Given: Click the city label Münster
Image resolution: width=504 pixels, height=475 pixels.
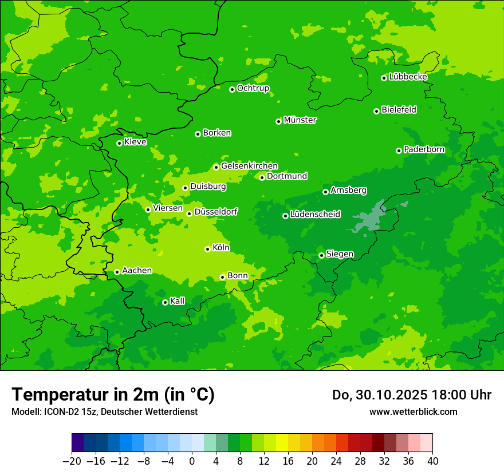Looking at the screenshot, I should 300,120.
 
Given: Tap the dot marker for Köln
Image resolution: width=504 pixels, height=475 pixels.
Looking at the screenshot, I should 207,249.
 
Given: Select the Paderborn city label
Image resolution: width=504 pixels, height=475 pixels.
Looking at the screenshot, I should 424,149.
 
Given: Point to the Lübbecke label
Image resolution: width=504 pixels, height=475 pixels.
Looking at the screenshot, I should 408,77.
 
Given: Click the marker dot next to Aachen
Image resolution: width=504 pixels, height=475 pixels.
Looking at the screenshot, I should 117,272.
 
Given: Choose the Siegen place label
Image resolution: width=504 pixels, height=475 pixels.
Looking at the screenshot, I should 340,254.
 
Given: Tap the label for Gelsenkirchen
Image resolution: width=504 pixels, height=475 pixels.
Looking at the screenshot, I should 249,166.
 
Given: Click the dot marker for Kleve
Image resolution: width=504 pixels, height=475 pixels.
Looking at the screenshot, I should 119,143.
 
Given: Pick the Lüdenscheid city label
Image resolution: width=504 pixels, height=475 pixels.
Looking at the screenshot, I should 315,215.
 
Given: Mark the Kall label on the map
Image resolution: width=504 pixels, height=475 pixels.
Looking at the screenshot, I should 178,301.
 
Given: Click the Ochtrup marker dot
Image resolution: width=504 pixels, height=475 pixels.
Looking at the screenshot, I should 232,89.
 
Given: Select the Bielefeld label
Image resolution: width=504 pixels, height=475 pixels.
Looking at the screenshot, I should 399,110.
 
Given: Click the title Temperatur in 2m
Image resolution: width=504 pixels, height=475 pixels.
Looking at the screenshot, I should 113,395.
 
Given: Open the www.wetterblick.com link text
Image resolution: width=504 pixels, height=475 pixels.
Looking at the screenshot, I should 413,411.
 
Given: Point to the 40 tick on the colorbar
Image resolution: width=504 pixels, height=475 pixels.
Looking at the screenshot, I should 432,461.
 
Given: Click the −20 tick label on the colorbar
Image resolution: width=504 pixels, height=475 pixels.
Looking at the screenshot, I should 72,461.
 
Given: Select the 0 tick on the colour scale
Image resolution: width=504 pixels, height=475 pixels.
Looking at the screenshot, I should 192,461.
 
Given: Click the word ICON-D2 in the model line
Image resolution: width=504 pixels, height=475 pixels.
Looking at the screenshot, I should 58,411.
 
